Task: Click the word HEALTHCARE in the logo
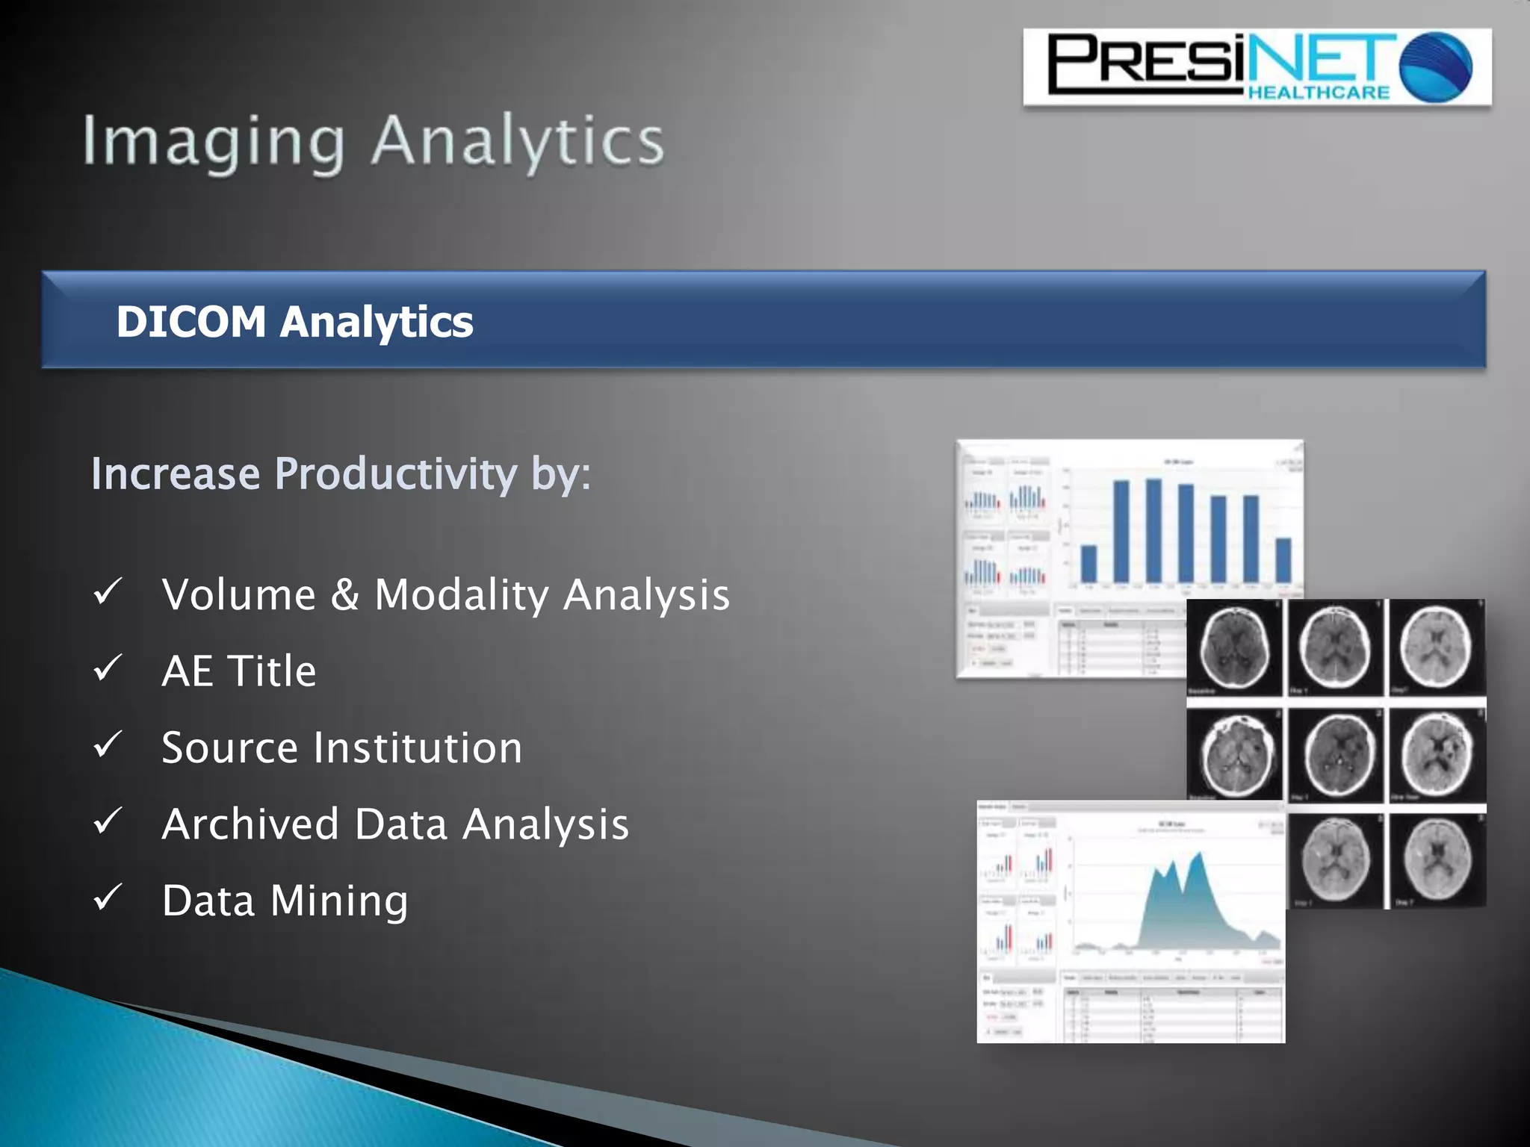tap(1319, 93)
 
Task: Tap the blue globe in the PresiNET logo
tap(1435, 67)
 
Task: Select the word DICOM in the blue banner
tap(191, 322)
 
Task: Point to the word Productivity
tap(396, 473)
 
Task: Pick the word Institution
tap(418, 747)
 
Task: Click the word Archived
tap(251, 824)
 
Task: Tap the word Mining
tap(339, 901)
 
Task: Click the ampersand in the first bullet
tap(344, 595)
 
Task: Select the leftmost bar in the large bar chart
tap(1089, 564)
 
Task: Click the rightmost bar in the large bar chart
tap(1283, 560)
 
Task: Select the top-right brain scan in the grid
tap(1436, 647)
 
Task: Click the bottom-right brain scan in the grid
tap(1436, 859)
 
